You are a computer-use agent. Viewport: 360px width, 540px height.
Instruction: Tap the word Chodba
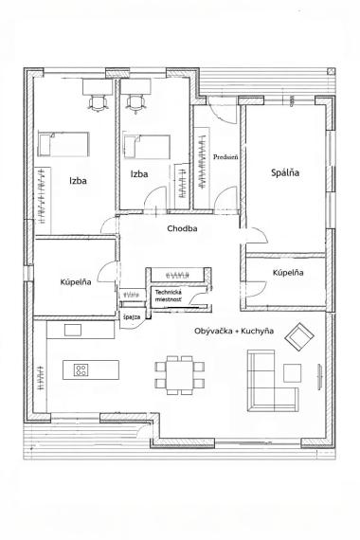coord(182,229)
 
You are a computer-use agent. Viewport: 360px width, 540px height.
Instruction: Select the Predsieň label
coord(225,157)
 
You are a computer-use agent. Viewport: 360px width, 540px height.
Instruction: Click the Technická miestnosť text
coord(172,297)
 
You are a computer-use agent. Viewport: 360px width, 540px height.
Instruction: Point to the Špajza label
coord(131,316)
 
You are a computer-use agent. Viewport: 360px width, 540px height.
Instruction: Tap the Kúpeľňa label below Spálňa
coord(287,273)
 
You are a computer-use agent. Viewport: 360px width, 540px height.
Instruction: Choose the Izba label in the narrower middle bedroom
coord(140,175)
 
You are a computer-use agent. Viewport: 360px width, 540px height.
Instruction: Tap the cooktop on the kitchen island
coord(81,370)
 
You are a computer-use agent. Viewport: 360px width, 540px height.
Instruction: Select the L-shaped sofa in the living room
coord(275,384)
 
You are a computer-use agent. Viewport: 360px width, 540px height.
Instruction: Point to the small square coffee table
coord(292,370)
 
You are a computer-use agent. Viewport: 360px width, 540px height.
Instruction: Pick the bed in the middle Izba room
coord(143,147)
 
